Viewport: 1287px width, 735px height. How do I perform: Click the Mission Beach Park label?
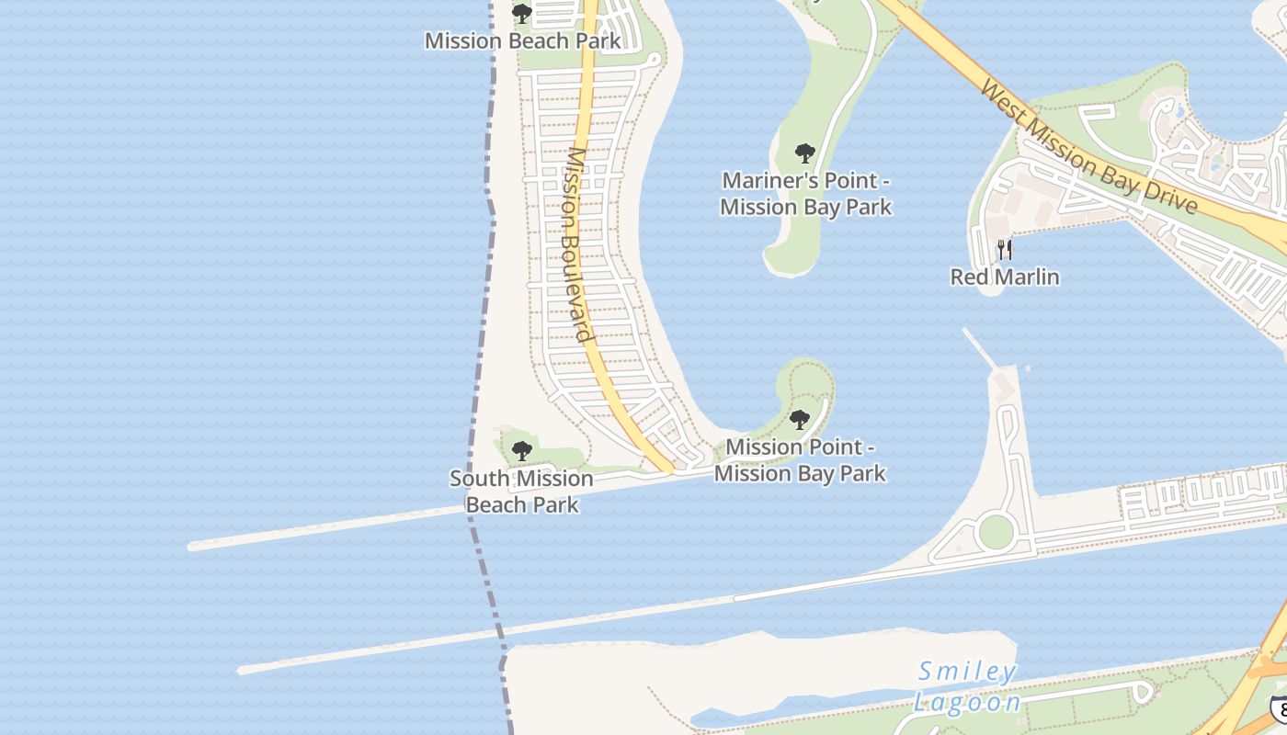point(522,41)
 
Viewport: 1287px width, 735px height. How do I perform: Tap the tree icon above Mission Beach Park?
point(522,14)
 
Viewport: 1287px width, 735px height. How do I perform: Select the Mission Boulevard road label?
point(577,243)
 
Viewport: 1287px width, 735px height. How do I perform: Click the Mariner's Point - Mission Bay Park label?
point(805,194)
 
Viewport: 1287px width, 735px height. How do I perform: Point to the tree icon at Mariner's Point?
point(805,153)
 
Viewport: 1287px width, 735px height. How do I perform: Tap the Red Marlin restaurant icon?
point(1005,249)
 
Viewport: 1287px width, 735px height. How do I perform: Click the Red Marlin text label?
point(1005,277)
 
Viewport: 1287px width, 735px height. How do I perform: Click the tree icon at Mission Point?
point(800,420)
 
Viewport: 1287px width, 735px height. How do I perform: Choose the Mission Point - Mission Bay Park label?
point(800,460)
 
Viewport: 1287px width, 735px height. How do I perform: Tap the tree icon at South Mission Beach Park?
point(522,451)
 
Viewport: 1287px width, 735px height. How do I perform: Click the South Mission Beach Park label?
point(522,492)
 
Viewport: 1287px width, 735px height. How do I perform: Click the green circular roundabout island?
point(996,531)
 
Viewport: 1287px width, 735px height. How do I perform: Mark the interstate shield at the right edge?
point(1279,708)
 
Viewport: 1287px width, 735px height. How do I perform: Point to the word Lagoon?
point(967,703)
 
